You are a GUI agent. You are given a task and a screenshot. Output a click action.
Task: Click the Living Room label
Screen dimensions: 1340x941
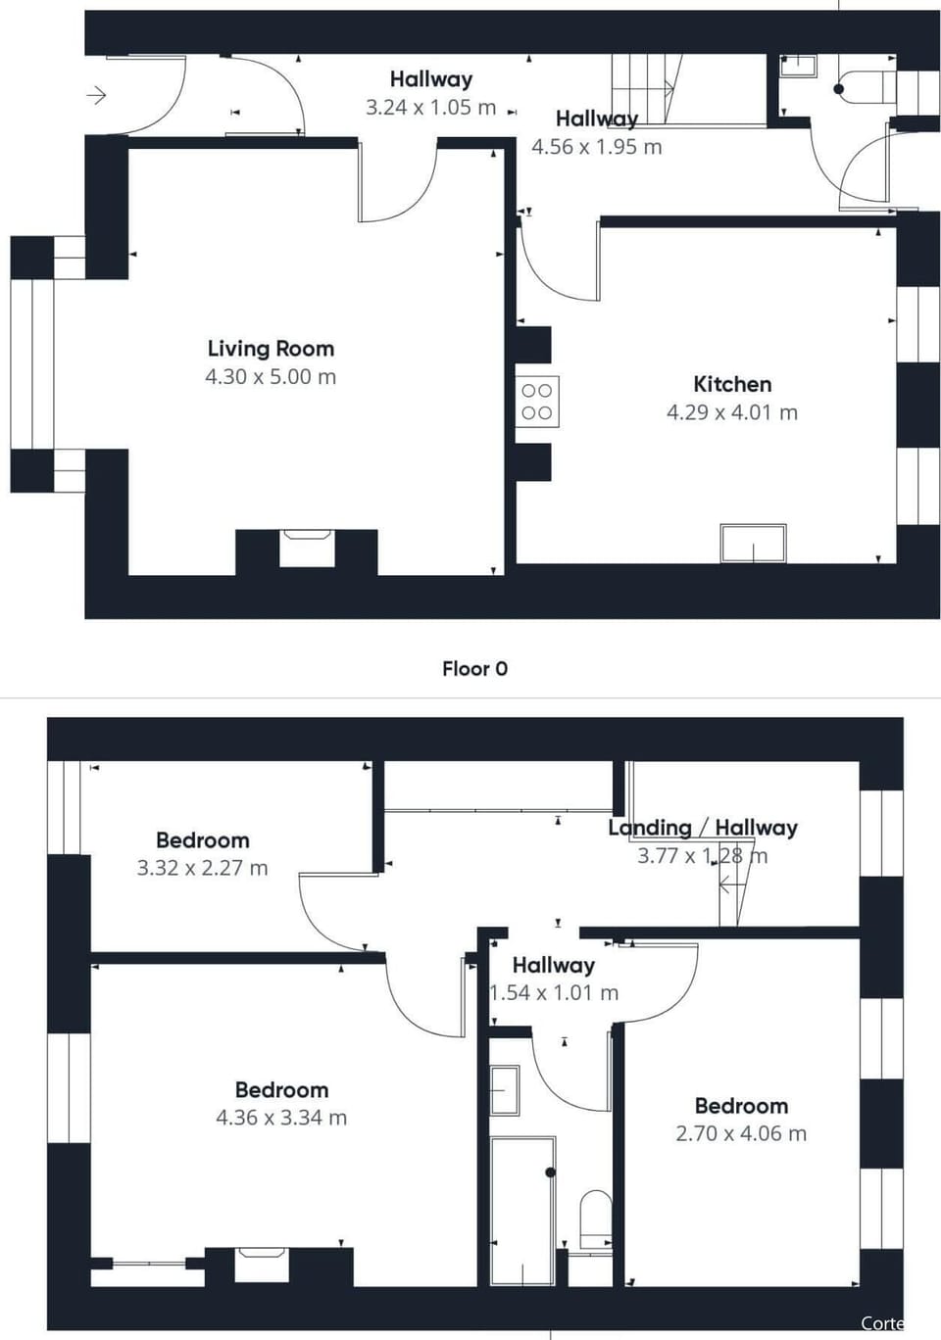(x=271, y=349)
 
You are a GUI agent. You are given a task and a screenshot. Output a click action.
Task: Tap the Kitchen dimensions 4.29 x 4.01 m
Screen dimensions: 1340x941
(x=732, y=412)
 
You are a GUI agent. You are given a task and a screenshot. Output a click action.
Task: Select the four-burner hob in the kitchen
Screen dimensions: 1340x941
(x=537, y=402)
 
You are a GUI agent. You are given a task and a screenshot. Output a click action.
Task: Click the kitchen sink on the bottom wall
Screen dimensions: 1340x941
(x=753, y=544)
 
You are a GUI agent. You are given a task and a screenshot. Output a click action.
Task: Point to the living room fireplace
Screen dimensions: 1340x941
(x=307, y=548)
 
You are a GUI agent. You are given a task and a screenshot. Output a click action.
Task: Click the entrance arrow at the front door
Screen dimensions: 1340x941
(x=96, y=95)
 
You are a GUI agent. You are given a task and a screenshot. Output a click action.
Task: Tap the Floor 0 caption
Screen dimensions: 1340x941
(x=474, y=669)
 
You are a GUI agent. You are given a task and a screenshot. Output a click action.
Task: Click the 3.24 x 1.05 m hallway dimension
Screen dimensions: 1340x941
(x=430, y=108)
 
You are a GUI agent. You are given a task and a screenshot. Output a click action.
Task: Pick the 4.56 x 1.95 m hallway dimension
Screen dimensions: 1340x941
(x=596, y=147)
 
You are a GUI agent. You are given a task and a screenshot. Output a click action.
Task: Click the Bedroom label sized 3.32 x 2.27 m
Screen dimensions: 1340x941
(x=202, y=840)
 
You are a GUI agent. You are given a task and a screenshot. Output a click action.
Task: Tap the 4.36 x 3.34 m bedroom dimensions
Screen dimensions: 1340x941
(x=281, y=1118)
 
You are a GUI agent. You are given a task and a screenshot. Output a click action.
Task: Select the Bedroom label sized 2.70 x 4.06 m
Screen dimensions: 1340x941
(x=741, y=1106)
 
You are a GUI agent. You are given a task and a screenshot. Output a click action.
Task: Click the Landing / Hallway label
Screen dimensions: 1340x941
(x=702, y=828)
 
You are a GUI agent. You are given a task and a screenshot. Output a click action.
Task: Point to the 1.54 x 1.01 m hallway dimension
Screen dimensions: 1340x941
(x=554, y=993)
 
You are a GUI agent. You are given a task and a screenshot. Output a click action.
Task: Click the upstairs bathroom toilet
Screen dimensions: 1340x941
(x=595, y=1218)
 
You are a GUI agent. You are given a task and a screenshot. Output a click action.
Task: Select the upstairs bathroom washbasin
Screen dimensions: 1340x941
(x=505, y=1090)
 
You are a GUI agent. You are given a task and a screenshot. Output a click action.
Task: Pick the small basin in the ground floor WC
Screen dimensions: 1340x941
(x=798, y=66)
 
